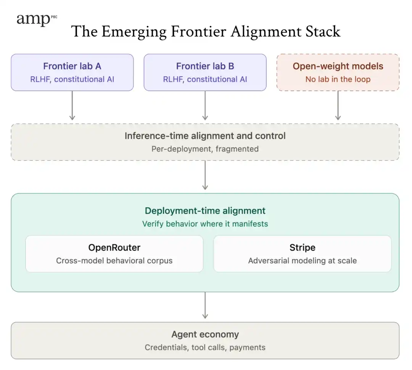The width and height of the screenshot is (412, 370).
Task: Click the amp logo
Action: coord(37,19)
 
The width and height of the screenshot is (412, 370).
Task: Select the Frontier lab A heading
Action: coord(72,66)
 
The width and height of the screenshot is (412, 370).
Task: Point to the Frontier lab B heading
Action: coord(205,66)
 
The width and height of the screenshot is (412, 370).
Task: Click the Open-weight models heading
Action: coord(338,66)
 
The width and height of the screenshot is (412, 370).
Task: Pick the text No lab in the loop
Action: coord(338,79)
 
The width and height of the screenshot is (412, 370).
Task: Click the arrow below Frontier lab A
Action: coord(72,106)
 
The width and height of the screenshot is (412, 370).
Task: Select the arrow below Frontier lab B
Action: coord(205,106)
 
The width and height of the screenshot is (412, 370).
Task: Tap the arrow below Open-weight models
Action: coord(338,106)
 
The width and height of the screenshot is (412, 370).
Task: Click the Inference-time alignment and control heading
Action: coord(205,136)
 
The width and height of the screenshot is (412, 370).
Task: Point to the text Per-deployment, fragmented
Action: coord(205,149)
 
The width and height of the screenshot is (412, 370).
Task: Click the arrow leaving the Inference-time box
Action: coord(205,175)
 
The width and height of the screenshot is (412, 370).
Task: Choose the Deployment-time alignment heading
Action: coord(205,211)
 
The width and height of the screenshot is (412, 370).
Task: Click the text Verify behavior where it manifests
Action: coord(205,224)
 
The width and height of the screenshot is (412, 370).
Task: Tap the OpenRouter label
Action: coord(114,247)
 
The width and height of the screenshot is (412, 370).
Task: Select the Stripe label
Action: coord(303,247)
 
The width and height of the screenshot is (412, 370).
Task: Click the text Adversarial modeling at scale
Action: coord(303,261)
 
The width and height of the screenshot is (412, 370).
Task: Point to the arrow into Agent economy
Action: coord(205,305)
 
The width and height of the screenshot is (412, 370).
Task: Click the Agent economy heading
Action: coord(205,334)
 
